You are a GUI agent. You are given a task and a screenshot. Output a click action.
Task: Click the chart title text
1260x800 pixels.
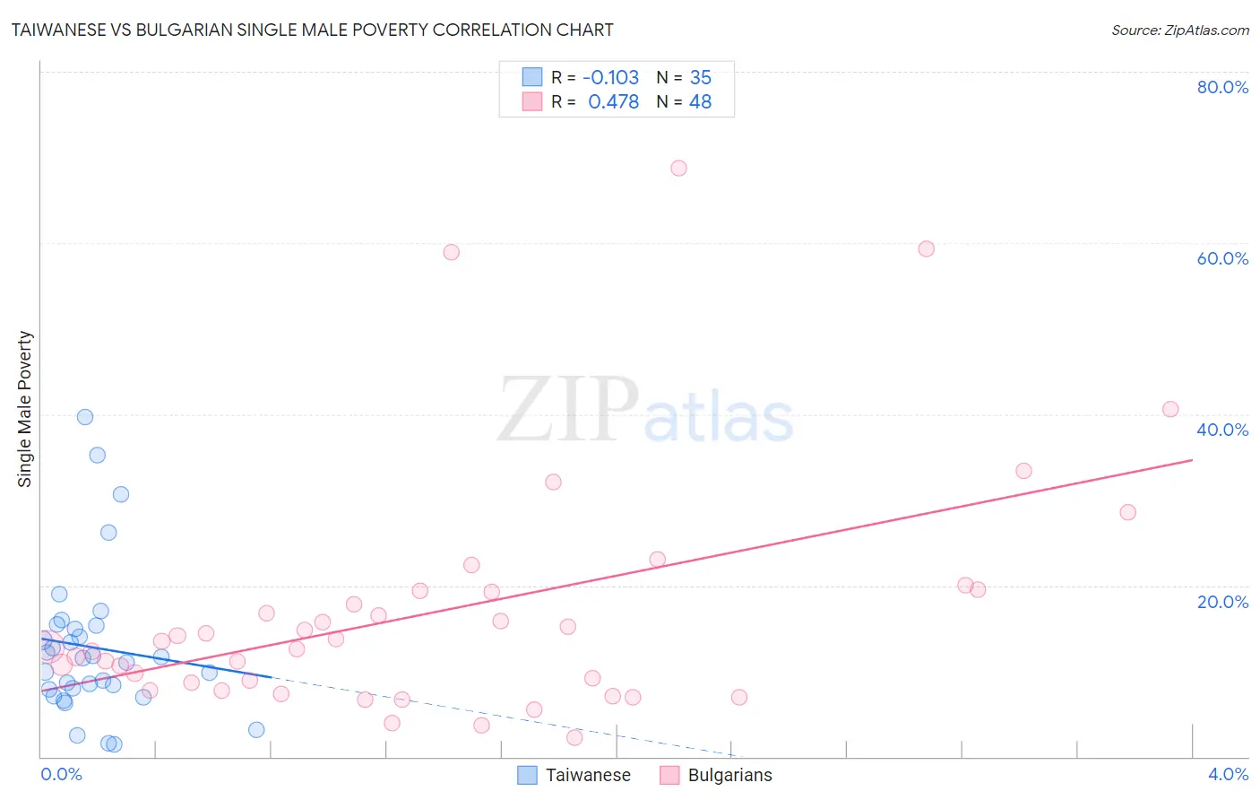click(312, 30)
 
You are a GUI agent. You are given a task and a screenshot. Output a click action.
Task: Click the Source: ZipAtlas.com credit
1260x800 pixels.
click(1179, 30)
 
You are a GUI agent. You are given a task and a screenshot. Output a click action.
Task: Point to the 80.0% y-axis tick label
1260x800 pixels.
click(1222, 87)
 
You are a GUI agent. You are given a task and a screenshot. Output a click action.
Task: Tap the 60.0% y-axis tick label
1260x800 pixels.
click(1222, 258)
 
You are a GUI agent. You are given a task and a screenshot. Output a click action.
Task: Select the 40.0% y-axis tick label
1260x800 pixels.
click(1222, 430)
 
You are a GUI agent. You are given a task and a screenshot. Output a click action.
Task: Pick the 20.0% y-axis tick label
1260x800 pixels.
click(1222, 601)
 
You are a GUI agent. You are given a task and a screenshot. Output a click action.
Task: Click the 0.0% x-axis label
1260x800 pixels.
click(61, 774)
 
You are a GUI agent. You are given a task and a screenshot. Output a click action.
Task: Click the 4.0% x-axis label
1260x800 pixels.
click(1228, 774)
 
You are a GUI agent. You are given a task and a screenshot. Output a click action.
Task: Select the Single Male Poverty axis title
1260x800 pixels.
click(25, 409)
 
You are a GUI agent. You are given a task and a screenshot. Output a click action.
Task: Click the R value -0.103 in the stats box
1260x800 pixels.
click(610, 77)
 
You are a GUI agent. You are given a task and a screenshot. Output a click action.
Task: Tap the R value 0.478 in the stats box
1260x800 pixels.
click(613, 101)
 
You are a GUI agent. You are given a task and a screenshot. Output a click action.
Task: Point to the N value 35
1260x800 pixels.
click(700, 77)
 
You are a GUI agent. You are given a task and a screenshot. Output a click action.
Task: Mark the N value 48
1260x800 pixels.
click(700, 101)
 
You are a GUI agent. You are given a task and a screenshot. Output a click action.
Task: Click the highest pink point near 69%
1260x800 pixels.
click(678, 169)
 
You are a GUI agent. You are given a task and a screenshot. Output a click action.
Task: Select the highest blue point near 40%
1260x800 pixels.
click(85, 417)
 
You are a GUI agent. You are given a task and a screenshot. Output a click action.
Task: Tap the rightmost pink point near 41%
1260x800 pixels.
click(1169, 409)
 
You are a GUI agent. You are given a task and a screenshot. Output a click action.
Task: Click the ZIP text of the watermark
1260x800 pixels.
click(568, 410)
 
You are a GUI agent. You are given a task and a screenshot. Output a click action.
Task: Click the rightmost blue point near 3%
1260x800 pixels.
click(256, 730)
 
